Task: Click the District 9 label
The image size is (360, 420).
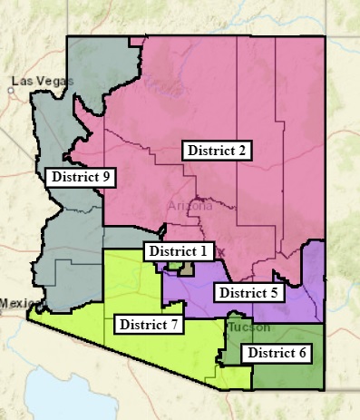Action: (x=81, y=177)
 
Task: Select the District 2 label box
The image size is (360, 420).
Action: (x=217, y=151)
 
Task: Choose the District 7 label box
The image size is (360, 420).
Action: (x=150, y=324)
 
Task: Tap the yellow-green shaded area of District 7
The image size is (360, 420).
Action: (x=136, y=281)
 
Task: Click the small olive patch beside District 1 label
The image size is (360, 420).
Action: (x=186, y=269)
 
